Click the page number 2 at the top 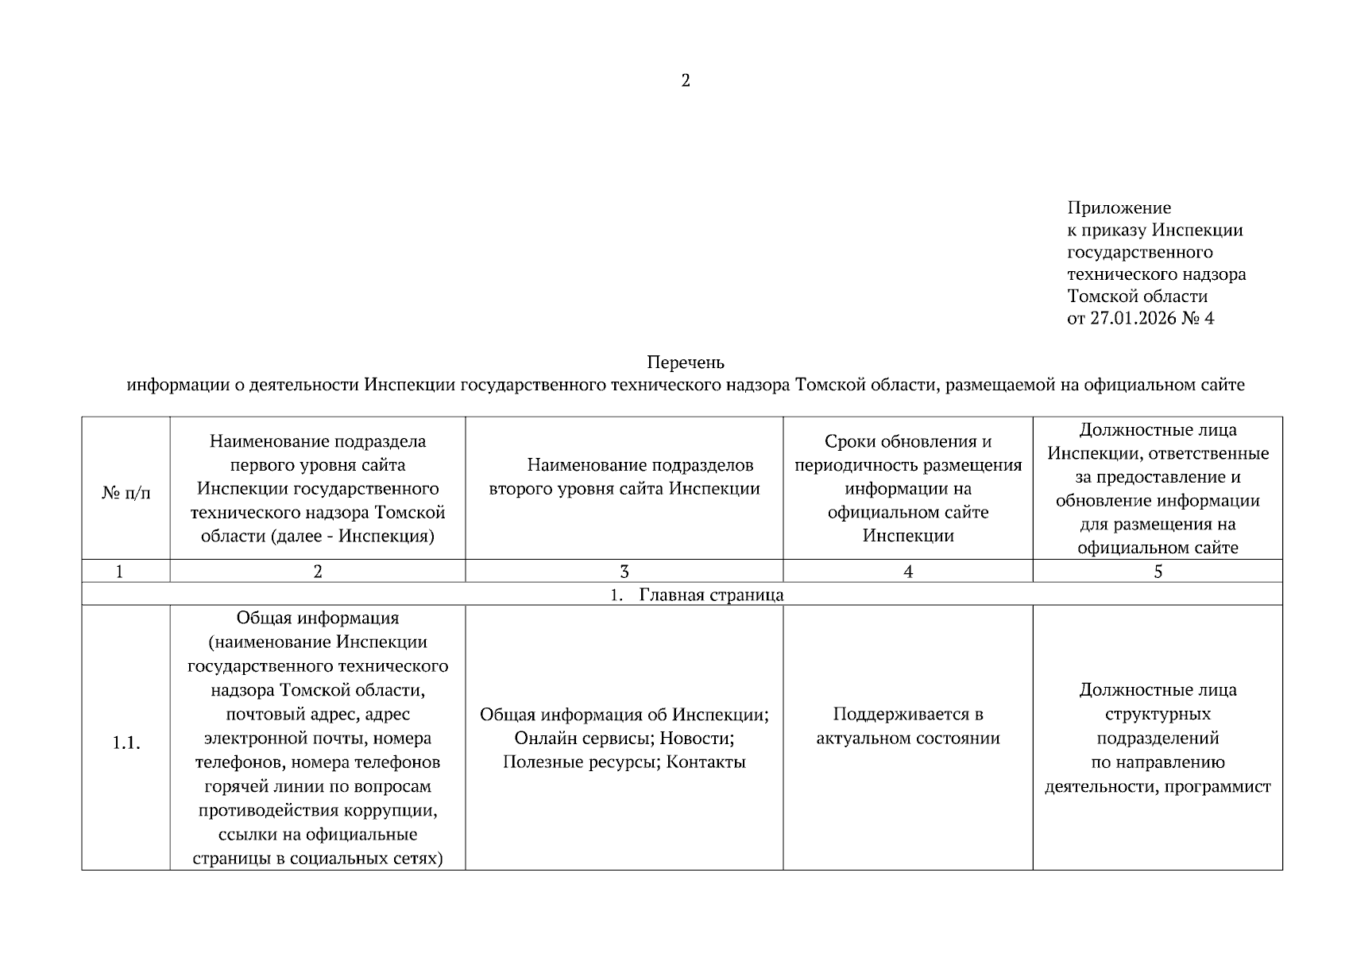(686, 80)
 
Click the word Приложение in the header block (1119, 208)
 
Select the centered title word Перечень (686, 363)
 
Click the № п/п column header (126, 493)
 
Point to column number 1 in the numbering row (120, 571)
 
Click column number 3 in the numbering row (624, 571)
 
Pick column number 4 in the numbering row (908, 571)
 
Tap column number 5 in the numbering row (1158, 571)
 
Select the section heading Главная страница (711, 595)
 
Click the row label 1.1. (126, 743)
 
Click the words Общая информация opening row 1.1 (318, 618)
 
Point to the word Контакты (705, 762)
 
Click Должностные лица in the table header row (1158, 430)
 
